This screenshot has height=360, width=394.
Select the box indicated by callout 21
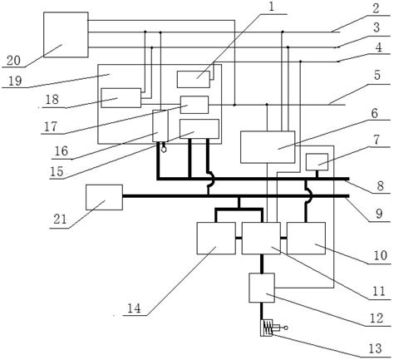tap(104, 197)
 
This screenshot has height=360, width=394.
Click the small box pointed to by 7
tap(318, 161)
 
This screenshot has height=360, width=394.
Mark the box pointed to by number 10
tap(304, 239)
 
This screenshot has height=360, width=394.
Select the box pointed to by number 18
tap(122, 96)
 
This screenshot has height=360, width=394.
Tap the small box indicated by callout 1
tap(198, 77)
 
